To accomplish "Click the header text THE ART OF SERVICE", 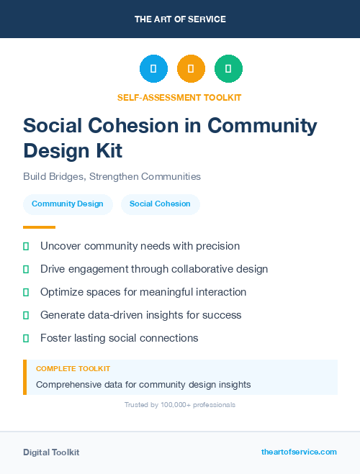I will coord(180,19).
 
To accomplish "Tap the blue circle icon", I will coord(153,69).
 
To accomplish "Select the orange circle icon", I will coord(191,69).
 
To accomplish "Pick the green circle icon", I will coord(228,69).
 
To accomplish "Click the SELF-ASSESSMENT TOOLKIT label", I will coord(180,97).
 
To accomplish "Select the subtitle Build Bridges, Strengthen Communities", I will coord(112,176).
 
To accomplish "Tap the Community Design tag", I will coord(68,204).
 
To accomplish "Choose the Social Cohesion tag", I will coord(160,204).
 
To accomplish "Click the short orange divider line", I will coord(39,227).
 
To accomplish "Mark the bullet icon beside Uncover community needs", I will coord(26,246).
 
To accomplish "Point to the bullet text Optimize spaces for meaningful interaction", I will coord(143,292).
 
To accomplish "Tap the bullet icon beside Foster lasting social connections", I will coord(26,338).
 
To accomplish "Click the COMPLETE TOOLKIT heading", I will coord(73,369).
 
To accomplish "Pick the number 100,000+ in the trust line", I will coord(174,405).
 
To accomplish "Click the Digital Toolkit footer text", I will coord(51,452).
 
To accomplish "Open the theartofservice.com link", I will coord(299,452).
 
